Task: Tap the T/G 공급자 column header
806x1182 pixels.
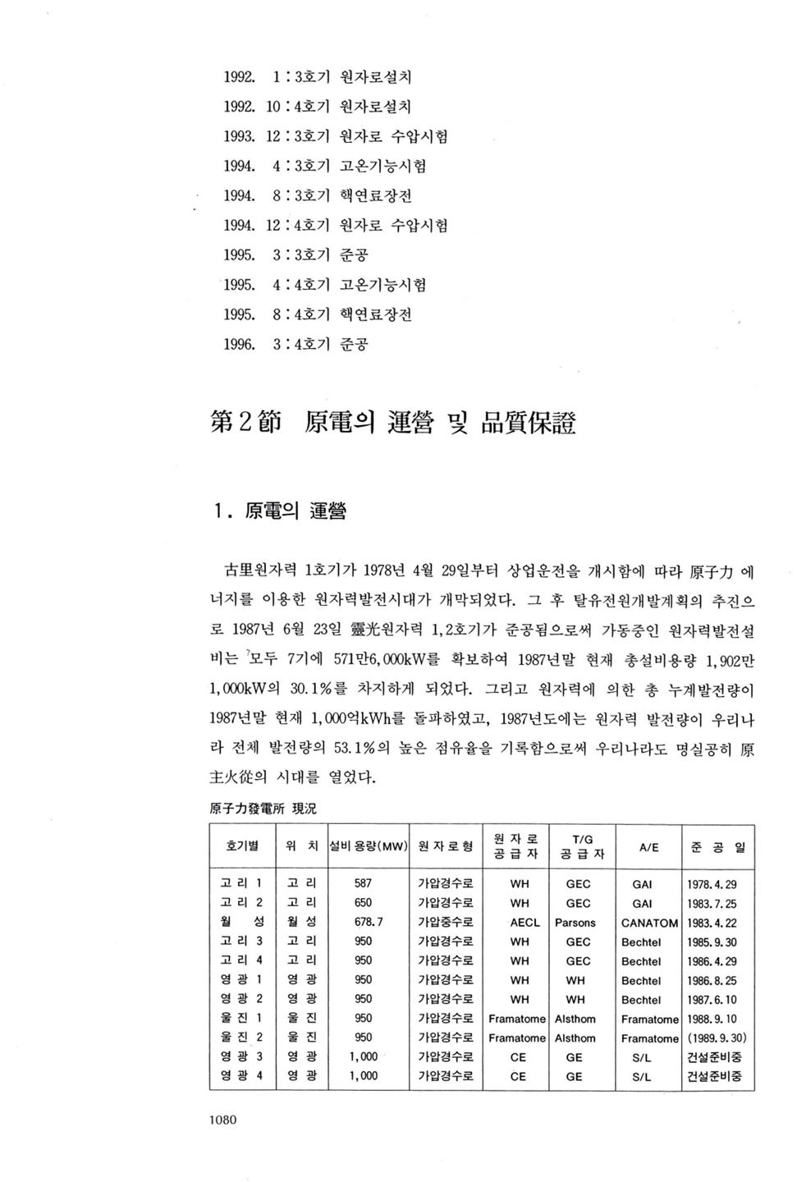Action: click(x=583, y=846)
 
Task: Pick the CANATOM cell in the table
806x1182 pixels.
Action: click(x=649, y=923)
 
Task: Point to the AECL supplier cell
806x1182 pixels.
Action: click(x=519, y=923)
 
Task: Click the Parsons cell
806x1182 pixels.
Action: click(x=575, y=923)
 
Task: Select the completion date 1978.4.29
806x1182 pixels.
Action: click(x=712, y=884)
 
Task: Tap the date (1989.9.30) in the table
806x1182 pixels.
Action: click(x=715, y=1038)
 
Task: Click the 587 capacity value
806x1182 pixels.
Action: click(x=363, y=884)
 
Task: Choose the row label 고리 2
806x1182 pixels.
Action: click(x=241, y=903)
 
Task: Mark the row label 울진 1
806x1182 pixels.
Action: click(x=241, y=1019)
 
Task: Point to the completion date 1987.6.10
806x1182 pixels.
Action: click(x=712, y=1000)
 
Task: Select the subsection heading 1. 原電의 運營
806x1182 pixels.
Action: click(x=278, y=511)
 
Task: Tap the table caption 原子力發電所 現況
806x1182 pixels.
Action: click(x=262, y=808)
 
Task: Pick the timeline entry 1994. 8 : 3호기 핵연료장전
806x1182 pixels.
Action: click(x=317, y=196)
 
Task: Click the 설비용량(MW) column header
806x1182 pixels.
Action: click(x=368, y=846)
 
